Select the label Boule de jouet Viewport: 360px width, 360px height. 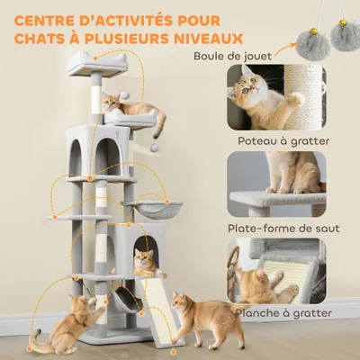pyautogui.click(x=233, y=56)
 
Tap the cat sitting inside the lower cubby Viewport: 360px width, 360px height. pyautogui.click(x=146, y=262)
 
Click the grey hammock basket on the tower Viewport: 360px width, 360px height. pyautogui.click(x=152, y=211)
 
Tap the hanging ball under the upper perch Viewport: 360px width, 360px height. pyautogui.click(x=157, y=145)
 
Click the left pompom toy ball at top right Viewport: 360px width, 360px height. pyautogui.click(x=310, y=35)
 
